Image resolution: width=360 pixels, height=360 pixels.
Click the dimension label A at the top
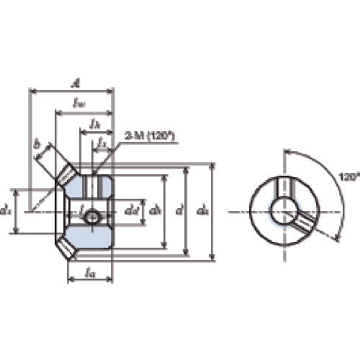[x=74, y=82]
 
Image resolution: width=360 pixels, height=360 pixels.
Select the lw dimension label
[x=81, y=104]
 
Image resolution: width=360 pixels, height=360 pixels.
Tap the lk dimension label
[x=94, y=124]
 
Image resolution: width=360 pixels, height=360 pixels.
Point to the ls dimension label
[x=102, y=144]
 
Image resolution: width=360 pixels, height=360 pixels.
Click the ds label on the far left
[x=6, y=211]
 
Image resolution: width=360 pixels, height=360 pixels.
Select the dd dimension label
[x=130, y=211]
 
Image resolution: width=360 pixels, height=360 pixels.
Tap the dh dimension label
[x=154, y=211]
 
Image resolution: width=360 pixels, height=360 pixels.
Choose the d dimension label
[x=179, y=211]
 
